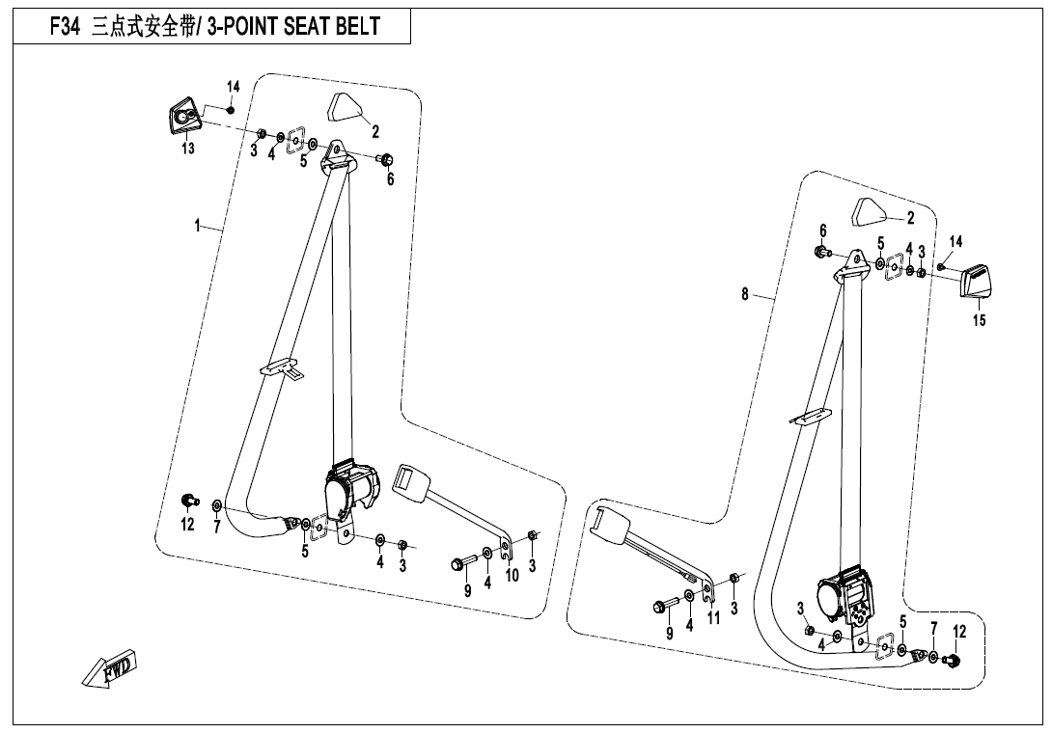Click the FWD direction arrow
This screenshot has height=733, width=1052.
pos(109,668)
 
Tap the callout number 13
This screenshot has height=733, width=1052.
pos(187,149)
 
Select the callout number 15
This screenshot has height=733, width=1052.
pos(980,321)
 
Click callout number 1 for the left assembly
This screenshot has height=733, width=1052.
pos(197,227)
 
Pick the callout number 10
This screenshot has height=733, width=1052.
pos(512,575)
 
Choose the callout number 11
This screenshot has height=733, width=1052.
pos(713,618)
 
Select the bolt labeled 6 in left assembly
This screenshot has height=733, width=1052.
pos(385,159)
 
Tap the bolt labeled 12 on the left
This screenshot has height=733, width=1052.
pos(190,500)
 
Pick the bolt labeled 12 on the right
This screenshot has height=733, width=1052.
pos(953,661)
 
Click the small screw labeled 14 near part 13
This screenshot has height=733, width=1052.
pos(231,108)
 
